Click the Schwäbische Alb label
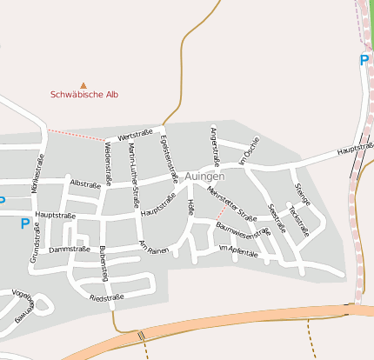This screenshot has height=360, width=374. [x=83, y=95]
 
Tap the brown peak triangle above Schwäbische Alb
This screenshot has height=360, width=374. [x=83, y=85]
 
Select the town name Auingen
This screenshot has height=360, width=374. [x=204, y=176]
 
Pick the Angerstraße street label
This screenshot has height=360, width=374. [x=214, y=143]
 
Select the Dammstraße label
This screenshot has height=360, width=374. [x=67, y=250]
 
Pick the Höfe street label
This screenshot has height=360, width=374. [x=191, y=208]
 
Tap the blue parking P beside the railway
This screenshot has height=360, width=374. [x=364, y=60]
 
